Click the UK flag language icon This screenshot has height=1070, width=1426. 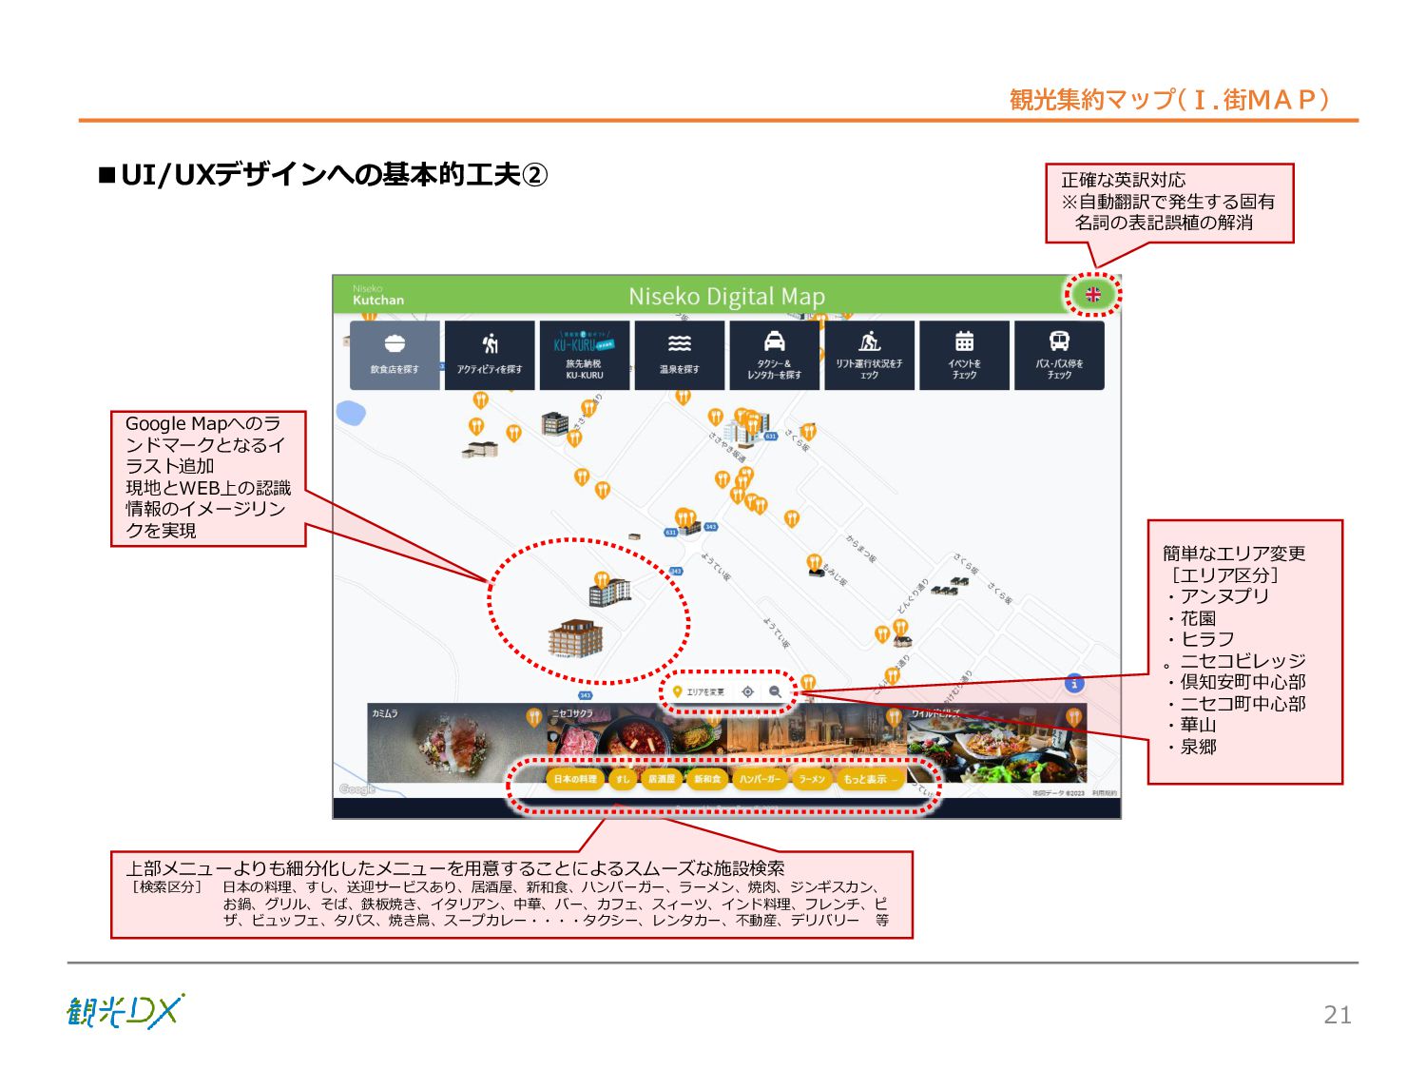click(1093, 295)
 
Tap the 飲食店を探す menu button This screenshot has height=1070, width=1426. click(395, 355)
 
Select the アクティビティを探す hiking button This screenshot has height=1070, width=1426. click(490, 355)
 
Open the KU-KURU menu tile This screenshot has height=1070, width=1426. click(585, 355)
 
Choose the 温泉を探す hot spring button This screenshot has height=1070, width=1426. click(680, 355)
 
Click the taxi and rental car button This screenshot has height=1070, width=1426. click(775, 355)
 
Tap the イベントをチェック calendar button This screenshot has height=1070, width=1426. click(964, 355)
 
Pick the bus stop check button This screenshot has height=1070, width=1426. click(1059, 355)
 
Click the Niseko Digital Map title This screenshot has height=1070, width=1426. click(726, 297)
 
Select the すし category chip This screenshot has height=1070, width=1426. click(623, 779)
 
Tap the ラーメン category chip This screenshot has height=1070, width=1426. click(812, 779)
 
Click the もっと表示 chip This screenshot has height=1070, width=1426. click(868, 779)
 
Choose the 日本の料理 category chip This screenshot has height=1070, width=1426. click(575, 779)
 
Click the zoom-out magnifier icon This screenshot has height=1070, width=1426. click(776, 691)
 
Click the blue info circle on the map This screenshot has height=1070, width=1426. click(1074, 683)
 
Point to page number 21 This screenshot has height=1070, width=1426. click(1337, 1015)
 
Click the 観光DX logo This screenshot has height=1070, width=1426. click(125, 1011)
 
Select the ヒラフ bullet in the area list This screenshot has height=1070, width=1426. click(1207, 639)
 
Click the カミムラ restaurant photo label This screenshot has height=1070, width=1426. click(385, 713)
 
